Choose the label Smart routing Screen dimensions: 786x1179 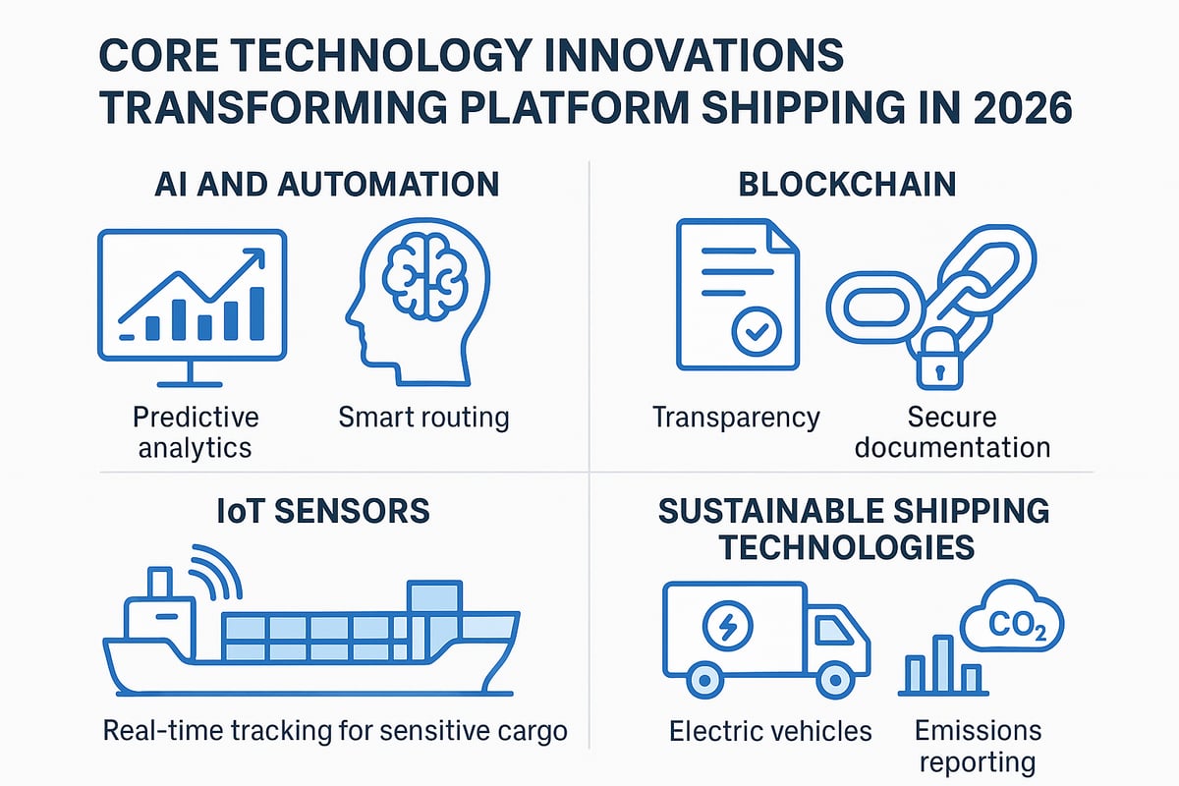click(x=423, y=417)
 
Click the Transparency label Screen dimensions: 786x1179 click(x=736, y=417)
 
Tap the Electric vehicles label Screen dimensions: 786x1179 click(x=770, y=731)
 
